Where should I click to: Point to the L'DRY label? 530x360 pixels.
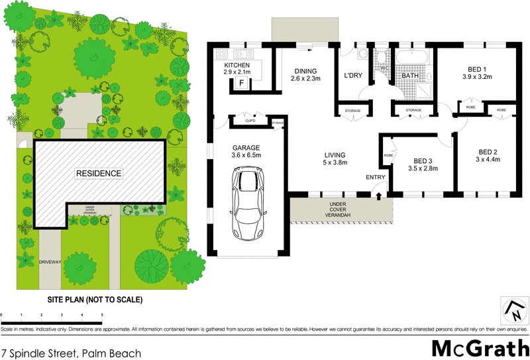(x=352, y=76)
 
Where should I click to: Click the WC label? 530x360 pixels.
(x=383, y=68)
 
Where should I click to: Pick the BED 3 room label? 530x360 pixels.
(x=423, y=160)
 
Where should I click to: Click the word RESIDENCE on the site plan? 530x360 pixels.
(x=98, y=174)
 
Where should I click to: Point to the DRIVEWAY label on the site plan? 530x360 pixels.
(x=50, y=262)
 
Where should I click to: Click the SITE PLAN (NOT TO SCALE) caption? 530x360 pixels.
(x=94, y=300)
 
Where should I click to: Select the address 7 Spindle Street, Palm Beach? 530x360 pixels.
(x=72, y=353)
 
